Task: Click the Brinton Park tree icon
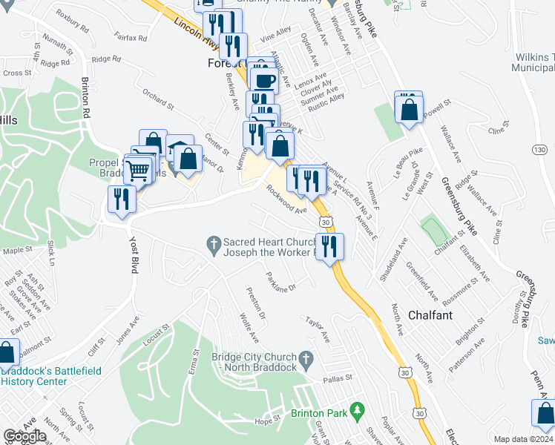pyautogui.click(x=358, y=409)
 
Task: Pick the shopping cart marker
pyautogui.click(x=137, y=171)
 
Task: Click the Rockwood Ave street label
pyautogui.click(x=287, y=199)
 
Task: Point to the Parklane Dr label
pyautogui.click(x=280, y=282)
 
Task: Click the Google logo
pyautogui.click(x=24, y=436)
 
